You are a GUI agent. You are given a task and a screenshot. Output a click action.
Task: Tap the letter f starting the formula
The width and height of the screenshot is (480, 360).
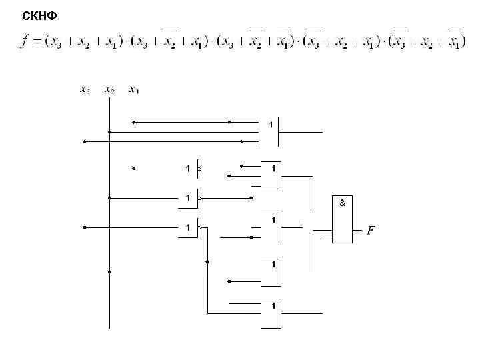click(25, 42)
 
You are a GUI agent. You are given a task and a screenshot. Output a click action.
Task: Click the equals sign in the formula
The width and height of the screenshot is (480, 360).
click(39, 43)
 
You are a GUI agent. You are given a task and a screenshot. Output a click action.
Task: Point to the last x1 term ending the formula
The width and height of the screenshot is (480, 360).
click(455, 43)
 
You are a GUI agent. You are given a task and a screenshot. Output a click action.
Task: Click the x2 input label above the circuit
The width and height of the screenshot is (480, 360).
click(109, 89)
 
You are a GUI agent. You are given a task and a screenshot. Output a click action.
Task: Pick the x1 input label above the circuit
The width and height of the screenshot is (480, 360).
click(134, 89)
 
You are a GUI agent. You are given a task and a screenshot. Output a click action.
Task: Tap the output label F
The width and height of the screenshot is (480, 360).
click(371, 231)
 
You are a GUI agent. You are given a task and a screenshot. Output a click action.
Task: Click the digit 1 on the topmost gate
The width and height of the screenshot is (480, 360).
click(271, 124)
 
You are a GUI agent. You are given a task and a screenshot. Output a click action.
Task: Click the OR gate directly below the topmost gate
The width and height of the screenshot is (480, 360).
click(271, 176)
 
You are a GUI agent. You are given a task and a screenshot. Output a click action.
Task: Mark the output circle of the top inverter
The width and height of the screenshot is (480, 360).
click(199, 169)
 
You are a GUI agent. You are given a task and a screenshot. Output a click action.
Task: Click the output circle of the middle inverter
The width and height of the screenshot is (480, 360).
click(199, 198)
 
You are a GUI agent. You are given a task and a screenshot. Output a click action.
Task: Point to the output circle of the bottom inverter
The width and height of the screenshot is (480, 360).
click(199, 227)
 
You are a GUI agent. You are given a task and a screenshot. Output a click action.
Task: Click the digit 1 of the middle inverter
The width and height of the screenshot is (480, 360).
click(188, 198)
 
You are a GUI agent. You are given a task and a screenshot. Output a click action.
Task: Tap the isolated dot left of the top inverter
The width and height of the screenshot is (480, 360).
click(134, 169)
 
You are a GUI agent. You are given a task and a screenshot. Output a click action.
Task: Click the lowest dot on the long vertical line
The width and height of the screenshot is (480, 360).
click(109, 272)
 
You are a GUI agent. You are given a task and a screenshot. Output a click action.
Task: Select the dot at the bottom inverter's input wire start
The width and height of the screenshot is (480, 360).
click(85, 227)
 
